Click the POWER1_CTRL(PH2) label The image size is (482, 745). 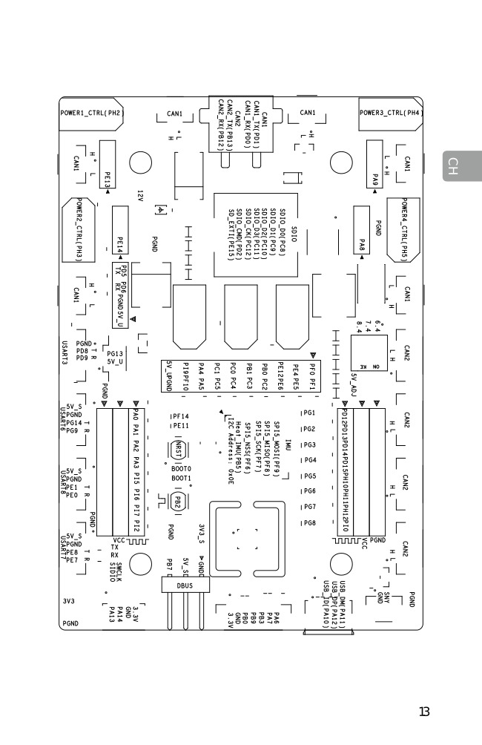pyautogui.click(x=90, y=114)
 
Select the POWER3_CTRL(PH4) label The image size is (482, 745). pyautogui.click(x=391, y=114)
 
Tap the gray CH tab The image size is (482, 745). pyautogui.click(x=453, y=166)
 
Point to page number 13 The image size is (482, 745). pyautogui.click(x=424, y=712)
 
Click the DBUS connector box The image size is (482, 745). pyautogui.click(x=185, y=585)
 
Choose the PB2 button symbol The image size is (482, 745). pyautogui.click(x=178, y=502)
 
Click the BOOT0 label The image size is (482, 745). pyautogui.click(x=182, y=469)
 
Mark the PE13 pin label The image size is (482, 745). pyautogui.click(x=108, y=180)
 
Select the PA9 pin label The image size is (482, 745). pyautogui.click(x=375, y=180)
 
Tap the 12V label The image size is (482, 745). pyautogui.click(x=139, y=196)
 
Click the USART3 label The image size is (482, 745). pyautogui.click(x=65, y=352)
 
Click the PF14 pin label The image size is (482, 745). pyautogui.click(x=180, y=417)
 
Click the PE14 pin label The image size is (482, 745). pyautogui.click(x=120, y=244)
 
